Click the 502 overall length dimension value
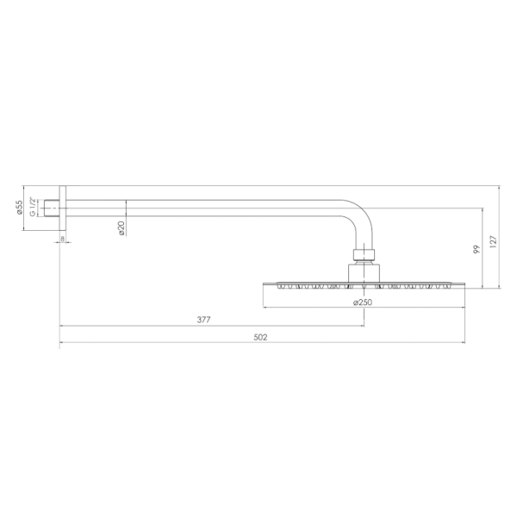pyautogui.click(x=260, y=337)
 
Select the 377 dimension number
pyautogui.click(x=203, y=320)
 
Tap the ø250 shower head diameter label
pyautogui.click(x=363, y=302)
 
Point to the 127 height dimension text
pyautogui.click(x=493, y=241)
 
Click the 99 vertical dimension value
pyautogui.click(x=477, y=249)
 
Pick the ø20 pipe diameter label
pyautogui.click(x=121, y=228)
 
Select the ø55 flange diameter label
pyautogui.click(x=20, y=208)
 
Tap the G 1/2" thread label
pyautogui.click(x=33, y=207)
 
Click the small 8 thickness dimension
pyautogui.click(x=62, y=239)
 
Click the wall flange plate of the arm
pyautogui.click(x=63, y=209)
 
